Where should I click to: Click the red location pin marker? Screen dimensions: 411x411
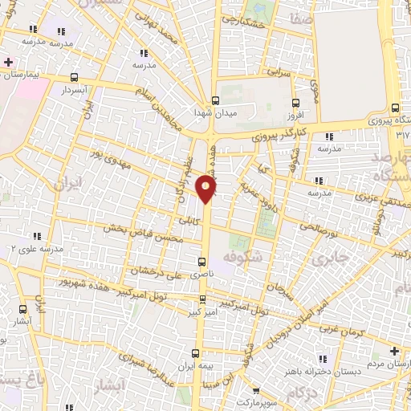point(206,188)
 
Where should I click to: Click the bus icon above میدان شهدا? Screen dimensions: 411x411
point(215,100)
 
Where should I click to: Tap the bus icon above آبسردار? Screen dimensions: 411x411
point(75,78)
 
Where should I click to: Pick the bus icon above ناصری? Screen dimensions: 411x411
point(201,261)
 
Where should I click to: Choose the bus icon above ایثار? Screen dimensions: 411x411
point(23,308)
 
